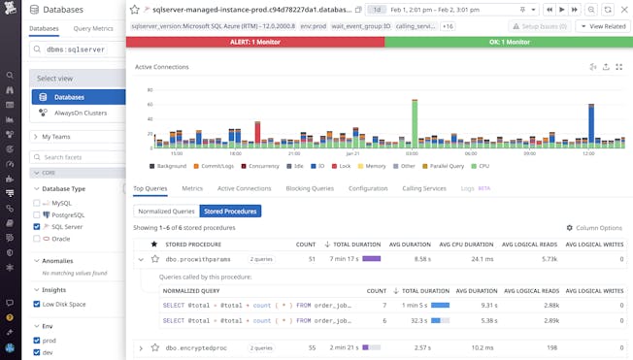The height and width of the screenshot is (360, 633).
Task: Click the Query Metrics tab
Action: click(93, 29)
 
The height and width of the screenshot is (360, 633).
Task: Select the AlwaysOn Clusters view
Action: click(80, 113)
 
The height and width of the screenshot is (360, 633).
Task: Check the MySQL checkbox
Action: click(37, 203)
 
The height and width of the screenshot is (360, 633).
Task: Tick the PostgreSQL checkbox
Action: click(37, 214)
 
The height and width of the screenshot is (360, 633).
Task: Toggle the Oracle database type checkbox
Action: click(37, 238)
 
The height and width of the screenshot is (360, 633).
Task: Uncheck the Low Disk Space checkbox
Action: click(37, 304)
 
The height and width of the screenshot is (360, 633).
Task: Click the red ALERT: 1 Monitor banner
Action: click(255, 43)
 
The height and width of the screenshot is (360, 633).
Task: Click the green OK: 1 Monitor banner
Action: click(508, 43)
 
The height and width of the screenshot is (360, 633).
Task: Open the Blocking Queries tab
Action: click(310, 188)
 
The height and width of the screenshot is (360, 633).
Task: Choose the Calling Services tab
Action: click(424, 188)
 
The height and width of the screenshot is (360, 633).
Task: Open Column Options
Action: click(594, 227)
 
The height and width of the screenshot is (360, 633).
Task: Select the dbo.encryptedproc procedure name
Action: click(197, 347)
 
